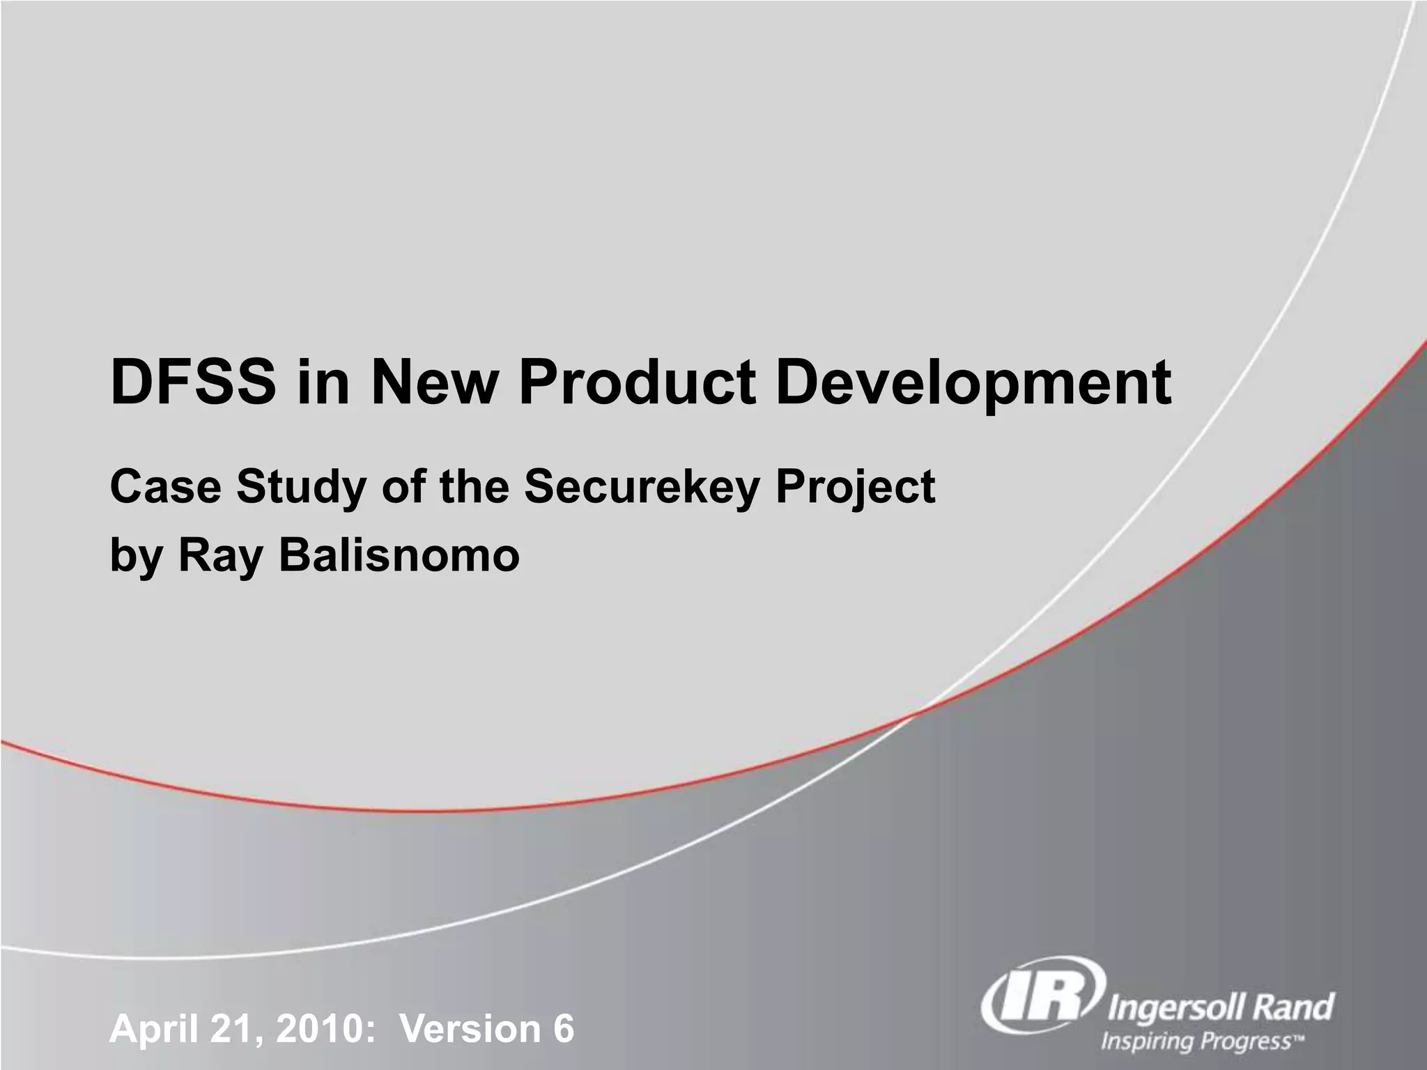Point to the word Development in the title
pos(973,385)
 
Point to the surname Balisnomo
pos(399,555)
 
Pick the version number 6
pos(563,1029)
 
